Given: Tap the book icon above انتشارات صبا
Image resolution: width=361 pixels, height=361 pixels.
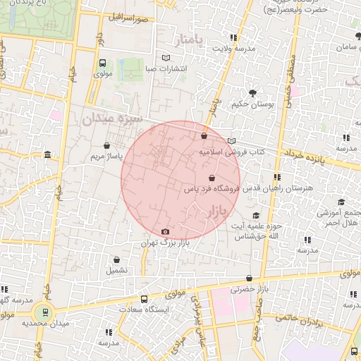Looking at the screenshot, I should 166,58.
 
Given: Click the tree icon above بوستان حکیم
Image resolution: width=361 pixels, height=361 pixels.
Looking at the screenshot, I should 252,93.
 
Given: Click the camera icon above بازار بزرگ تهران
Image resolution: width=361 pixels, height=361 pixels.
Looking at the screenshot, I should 165,232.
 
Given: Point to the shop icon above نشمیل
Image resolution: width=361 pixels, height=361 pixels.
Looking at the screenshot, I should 116,259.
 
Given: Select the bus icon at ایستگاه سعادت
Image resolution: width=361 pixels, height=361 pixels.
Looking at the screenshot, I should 145,299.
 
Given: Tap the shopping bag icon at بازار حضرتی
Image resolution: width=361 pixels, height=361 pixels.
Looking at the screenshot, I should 249,279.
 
